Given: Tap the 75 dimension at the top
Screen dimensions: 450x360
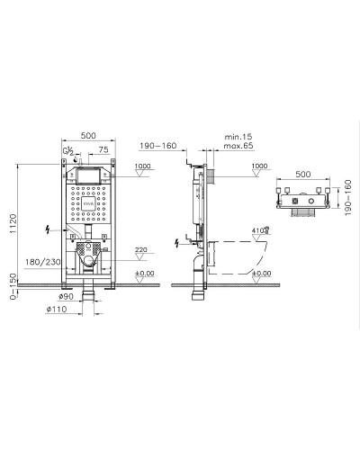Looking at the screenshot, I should coord(103,149).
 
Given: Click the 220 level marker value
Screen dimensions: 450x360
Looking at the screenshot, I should coord(140,251).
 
